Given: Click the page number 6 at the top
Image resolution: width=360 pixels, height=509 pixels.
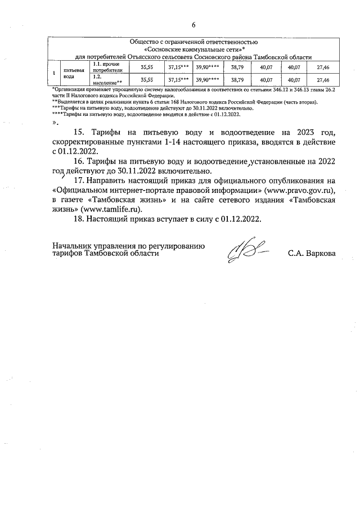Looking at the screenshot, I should tap(193, 25).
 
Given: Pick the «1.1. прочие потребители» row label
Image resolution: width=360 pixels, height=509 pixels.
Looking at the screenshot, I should tap(107, 68).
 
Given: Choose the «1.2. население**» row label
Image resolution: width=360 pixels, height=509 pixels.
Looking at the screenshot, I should tap(107, 80).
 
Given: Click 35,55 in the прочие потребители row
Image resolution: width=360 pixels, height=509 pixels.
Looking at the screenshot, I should tap(146, 68).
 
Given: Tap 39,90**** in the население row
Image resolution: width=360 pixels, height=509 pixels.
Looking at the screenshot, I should tap(208, 80).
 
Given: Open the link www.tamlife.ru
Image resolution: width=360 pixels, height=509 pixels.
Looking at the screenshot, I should tap(109, 209).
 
